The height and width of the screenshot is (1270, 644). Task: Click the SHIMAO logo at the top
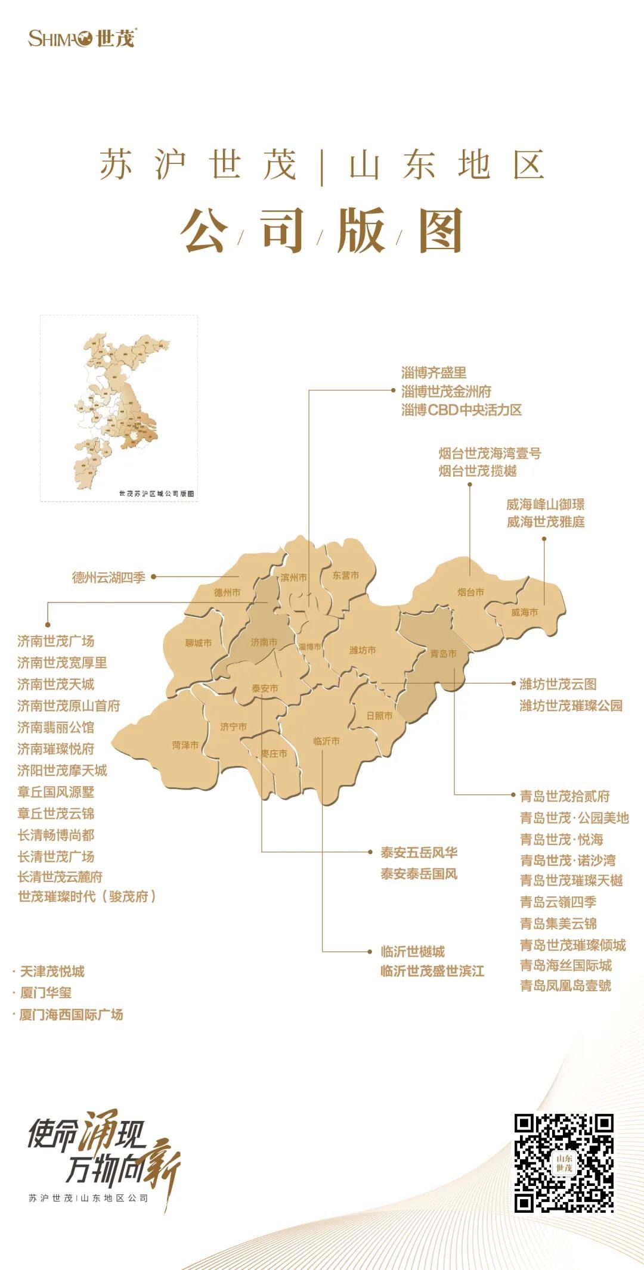click(x=82, y=38)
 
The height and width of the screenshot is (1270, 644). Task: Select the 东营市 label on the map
click(x=346, y=576)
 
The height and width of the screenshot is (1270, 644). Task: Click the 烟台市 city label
click(x=470, y=592)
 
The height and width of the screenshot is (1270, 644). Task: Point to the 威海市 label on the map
click(x=524, y=612)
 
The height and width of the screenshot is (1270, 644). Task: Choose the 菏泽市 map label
click(x=185, y=746)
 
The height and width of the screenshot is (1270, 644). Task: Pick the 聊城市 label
click(x=198, y=643)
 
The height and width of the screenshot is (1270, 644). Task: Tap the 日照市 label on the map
click(x=379, y=716)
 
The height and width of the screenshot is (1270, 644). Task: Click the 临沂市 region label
click(x=326, y=741)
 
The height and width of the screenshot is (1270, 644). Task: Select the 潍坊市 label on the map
click(x=363, y=650)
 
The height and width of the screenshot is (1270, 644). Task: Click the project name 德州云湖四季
click(x=109, y=577)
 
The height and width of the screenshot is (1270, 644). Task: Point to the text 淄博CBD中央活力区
click(x=462, y=410)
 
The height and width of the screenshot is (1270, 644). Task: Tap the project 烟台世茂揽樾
click(x=478, y=471)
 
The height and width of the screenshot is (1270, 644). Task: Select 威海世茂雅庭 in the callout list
click(x=546, y=522)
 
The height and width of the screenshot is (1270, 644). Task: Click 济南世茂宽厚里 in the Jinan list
click(x=62, y=663)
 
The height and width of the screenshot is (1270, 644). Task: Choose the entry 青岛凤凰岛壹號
click(x=565, y=986)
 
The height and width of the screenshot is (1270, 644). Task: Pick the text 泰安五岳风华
click(x=419, y=853)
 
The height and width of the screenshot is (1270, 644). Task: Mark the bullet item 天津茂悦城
click(x=52, y=972)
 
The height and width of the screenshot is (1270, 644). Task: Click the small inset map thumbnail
click(x=119, y=409)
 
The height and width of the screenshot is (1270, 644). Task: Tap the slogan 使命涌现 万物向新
click(x=101, y=1153)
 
